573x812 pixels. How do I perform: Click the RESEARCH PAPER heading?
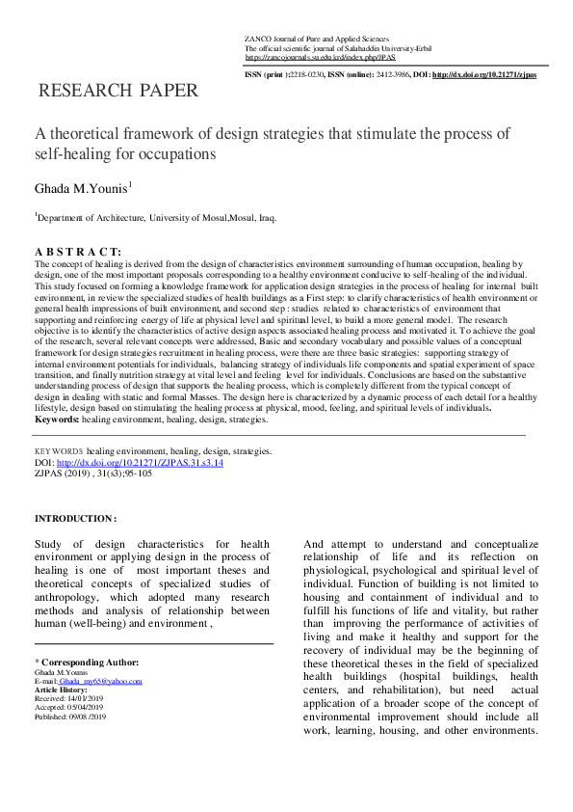(117, 92)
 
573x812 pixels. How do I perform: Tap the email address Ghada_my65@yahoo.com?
(100, 681)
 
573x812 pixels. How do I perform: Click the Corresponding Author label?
(89, 662)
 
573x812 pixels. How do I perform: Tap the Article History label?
(60, 690)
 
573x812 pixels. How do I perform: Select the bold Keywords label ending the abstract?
(57, 420)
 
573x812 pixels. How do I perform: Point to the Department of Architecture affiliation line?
(157, 218)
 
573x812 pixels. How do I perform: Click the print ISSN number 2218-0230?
(312, 74)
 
